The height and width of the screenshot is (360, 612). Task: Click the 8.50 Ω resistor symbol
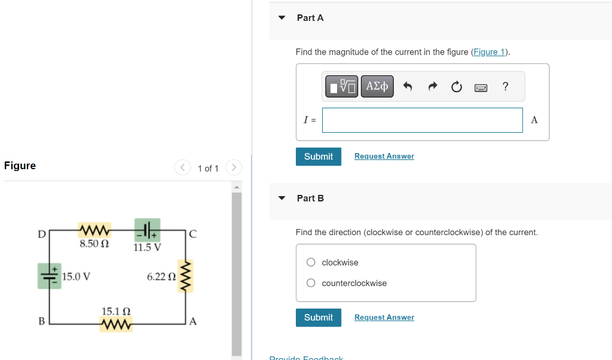(x=94, y=230)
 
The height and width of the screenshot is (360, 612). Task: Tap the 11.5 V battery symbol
(x=146, y=230)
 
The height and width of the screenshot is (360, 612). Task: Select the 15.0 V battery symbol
(x=49, y=276)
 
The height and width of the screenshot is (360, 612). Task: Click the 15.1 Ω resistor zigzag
(x=117, y=325)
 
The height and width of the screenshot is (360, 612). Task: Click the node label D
(x=41, y=234)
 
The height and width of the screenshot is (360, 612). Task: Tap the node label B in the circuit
(x=41, y=321)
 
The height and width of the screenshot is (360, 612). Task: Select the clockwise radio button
(x=311, y=263)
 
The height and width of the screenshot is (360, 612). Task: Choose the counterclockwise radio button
(x=311, y=283)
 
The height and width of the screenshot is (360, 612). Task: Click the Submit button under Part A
(x=318, y=157)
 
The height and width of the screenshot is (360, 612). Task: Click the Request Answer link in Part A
(x=384, y=156)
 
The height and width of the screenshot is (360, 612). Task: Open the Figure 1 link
(x=489, y=52)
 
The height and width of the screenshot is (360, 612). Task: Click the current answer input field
(x=422, y=120)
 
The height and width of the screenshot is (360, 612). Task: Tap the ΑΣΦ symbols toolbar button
(x=377, y=87)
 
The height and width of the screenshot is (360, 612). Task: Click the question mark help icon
(x=506, y=87)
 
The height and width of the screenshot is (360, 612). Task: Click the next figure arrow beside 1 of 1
(x=234, y=168)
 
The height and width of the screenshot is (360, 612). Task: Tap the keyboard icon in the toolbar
(x=481, y=87)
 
